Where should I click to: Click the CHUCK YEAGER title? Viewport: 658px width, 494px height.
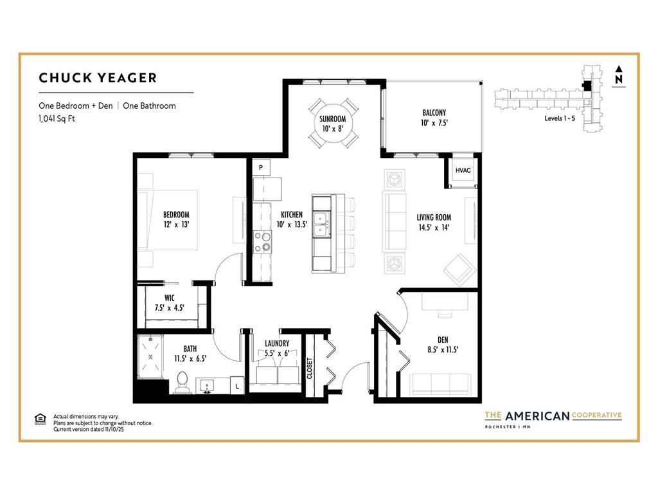click(98, 78)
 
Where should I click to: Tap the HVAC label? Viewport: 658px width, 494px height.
click(463, 170)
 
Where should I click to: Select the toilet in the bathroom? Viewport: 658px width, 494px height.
click(182, 382)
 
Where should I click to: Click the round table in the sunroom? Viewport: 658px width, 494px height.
click(333, 123)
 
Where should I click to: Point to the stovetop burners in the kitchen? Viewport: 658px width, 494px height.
click(263, 242)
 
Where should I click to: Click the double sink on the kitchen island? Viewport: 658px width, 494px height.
click(322, 224)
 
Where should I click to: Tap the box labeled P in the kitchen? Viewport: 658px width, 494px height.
click(261, 168)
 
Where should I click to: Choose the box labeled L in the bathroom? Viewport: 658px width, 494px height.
click(237, 386)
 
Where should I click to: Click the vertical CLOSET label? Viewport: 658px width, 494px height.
click(310, 369)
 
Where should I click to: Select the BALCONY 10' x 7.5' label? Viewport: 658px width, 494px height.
click(434, 118)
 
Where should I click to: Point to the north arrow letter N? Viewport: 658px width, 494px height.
click(619, 79)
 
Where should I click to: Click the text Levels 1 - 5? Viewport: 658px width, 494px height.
click(560, 118)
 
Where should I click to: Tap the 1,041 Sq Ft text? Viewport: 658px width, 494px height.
click(57, 118)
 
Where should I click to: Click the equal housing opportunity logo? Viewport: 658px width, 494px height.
click(40, 419)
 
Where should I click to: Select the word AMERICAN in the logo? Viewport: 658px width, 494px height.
click(537, 416)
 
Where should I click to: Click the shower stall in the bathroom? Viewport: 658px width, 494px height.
click(150, 357)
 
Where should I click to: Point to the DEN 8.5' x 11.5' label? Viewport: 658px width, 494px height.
click(443, 345)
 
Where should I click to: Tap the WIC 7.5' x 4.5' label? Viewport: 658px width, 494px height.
click(169, 303)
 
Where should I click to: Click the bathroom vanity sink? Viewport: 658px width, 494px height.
click(206, 386)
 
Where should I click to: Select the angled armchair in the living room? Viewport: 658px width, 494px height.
click(460, 270)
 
